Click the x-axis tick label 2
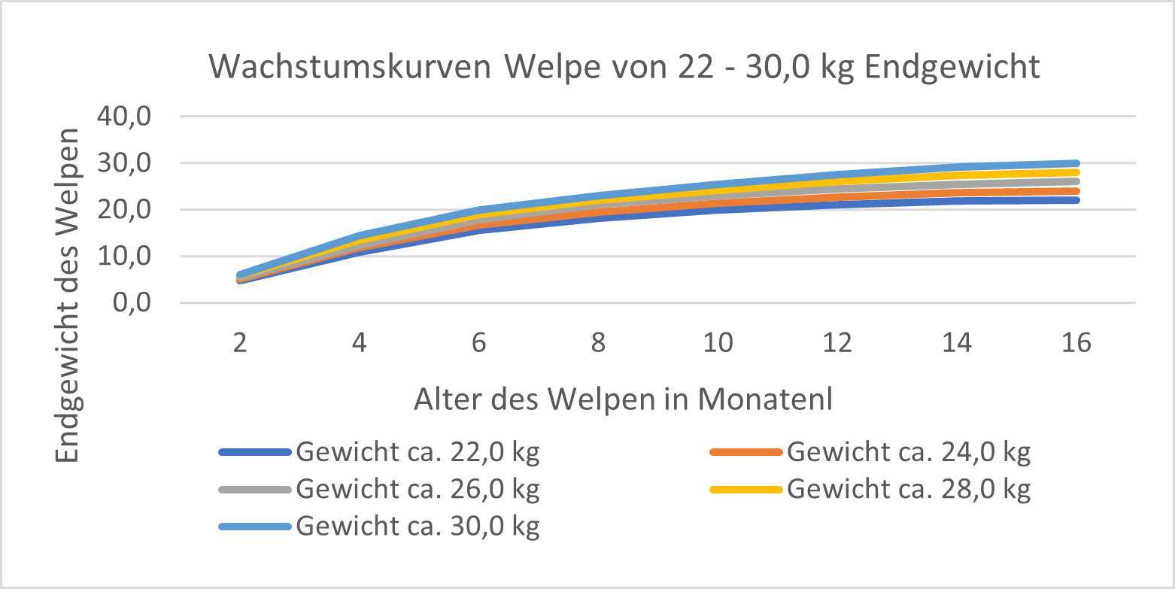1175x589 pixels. tap(240, 344)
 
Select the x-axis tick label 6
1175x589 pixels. tap(478, 344)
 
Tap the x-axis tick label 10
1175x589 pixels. tap(718, 344)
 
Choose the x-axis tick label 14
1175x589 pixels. tap(957, 344)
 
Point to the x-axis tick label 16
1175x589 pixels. tap(1076, 344)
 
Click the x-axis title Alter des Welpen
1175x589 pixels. tap(623, 400)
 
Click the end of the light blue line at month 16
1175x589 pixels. tap(1076, 163)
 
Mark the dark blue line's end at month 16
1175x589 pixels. tap(1076, 200)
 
